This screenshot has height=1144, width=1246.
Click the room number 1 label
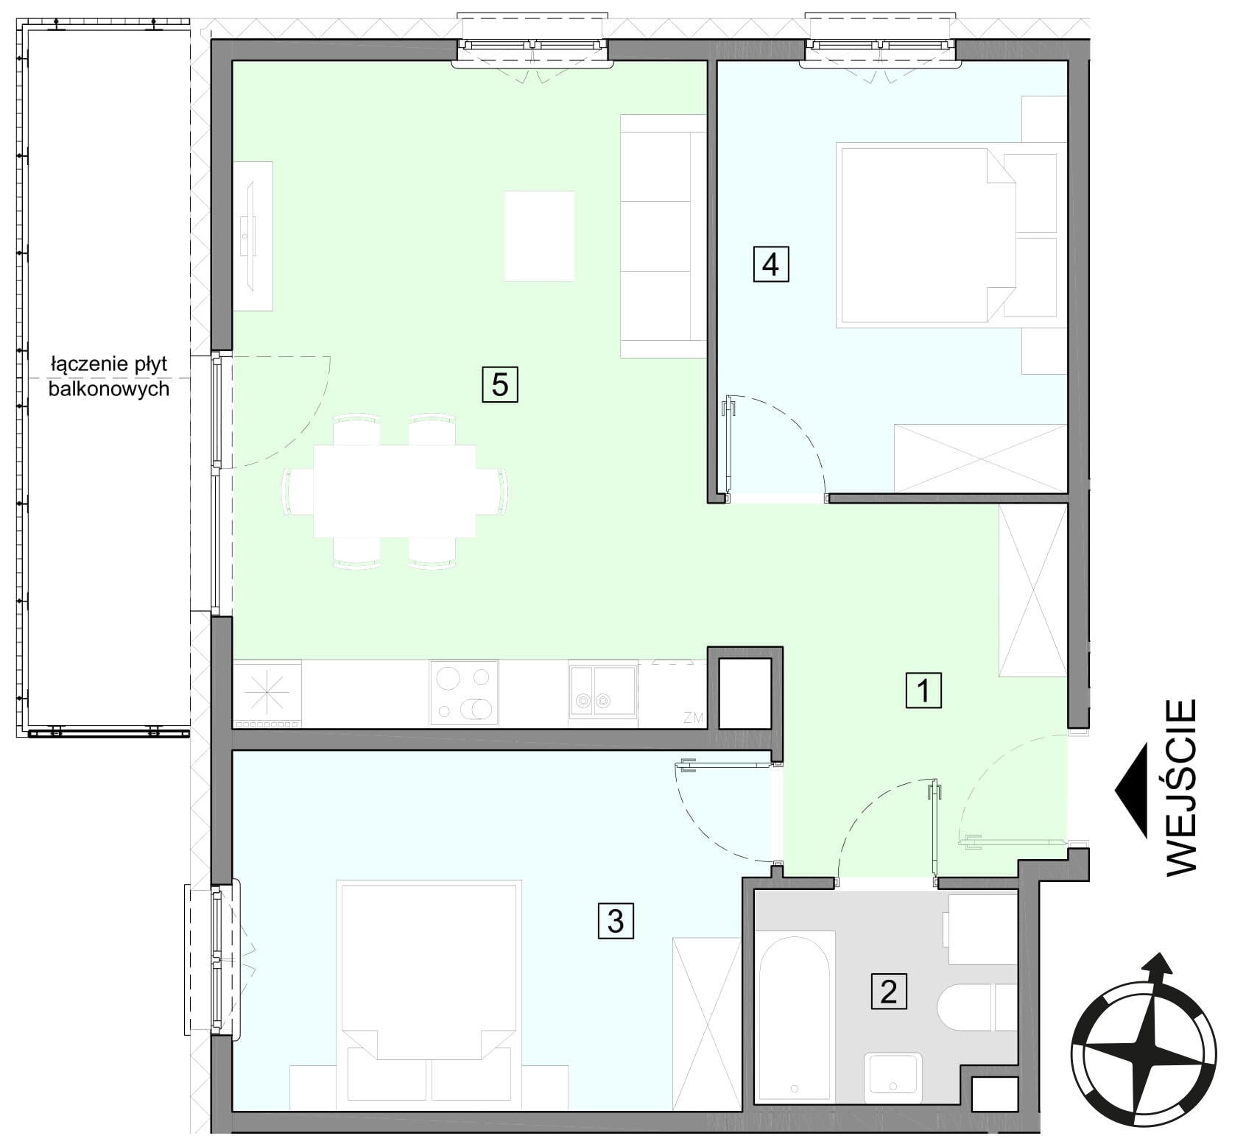(x=923, y=691)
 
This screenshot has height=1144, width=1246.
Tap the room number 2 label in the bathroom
(x=888, y=991)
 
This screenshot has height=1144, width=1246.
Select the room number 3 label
(x=615, y=920)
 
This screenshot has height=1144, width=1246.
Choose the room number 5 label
(x=500, y=384)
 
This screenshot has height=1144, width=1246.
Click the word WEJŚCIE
(x=1182, y=787)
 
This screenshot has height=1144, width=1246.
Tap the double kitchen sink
(x=602, y=691)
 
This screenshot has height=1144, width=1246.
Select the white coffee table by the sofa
(x=539, y=236)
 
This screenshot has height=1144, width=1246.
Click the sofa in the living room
(x=664, y=236)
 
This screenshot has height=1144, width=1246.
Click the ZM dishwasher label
(x=692, y=718)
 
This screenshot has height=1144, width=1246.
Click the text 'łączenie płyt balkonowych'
(x=109, y=376)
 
